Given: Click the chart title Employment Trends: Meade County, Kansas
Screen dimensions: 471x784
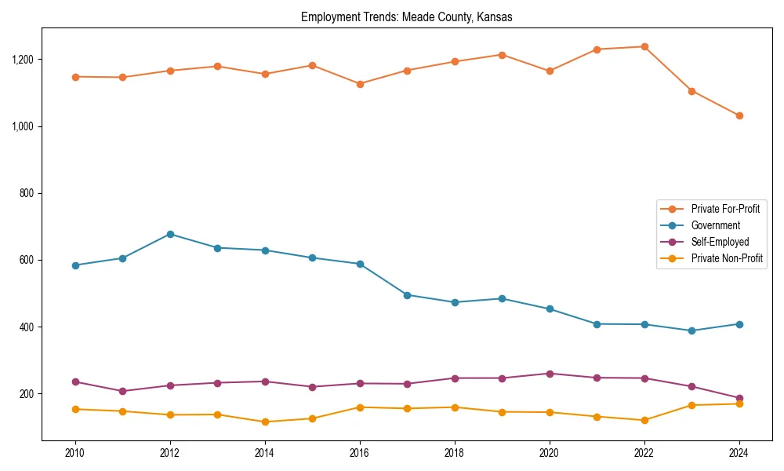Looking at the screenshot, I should click(406, 17).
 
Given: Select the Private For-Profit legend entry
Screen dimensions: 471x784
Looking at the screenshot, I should click(720, 209).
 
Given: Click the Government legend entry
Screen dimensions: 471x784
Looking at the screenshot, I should click(715, 225).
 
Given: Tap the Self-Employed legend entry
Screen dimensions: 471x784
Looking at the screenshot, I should click(720, 242).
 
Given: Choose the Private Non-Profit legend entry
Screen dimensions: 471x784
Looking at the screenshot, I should click(727, 258).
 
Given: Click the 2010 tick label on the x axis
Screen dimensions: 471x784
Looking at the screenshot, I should click(75, 453).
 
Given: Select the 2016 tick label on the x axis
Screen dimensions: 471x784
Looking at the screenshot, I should click(359, 453).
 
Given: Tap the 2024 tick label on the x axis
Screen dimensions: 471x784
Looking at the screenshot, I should click(739, 453).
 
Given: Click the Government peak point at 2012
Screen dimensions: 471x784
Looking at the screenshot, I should click(170, 234).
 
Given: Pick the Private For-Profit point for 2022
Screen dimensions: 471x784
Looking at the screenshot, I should click(644, 46).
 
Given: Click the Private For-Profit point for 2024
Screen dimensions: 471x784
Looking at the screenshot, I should click(739, 115).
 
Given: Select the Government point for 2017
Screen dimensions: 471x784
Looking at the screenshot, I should click(407, 295).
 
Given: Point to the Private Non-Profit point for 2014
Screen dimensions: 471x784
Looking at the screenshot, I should click(265, 422).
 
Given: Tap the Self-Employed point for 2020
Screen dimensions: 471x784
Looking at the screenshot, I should click(550, 374).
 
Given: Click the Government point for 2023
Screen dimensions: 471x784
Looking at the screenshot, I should click(691, 330).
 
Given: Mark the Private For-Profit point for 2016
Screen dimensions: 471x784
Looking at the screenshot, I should click(359, 84).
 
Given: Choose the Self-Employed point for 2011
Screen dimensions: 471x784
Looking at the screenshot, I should click(123, 391).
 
